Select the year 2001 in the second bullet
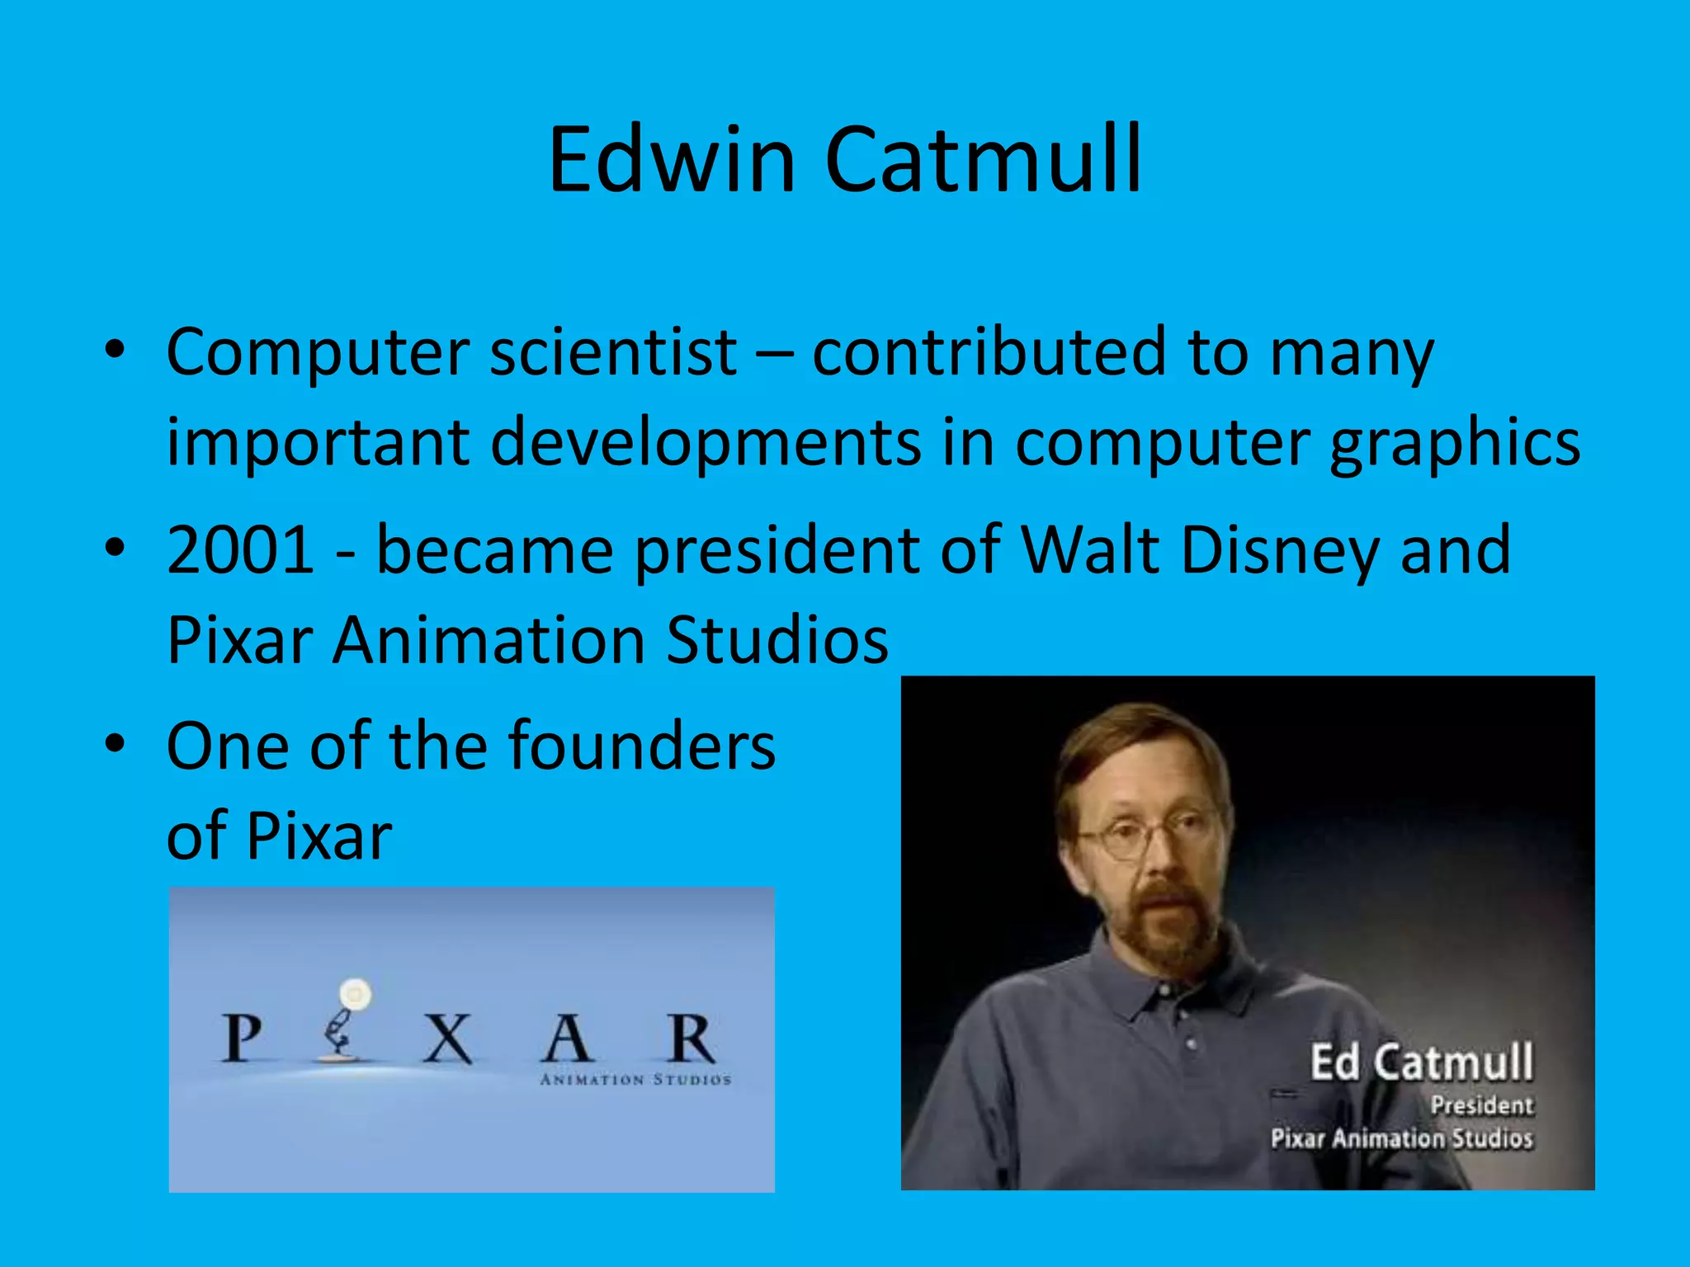(x=240, y=550)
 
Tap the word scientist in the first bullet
(x=613, y=352)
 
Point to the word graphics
(x=1454, y=444)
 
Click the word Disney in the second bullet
(x=1280, y=550)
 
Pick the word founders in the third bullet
(x=642, y=746)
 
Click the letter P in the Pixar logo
(x=242, y=1039)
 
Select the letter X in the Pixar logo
(x=446, y=1039)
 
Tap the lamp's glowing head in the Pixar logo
(x=356, y=994)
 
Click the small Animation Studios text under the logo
(x=635, y=1080)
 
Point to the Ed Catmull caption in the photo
(x=1421, y=1062)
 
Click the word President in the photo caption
(x=1481, y=1105)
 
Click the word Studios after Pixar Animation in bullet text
(x=777, y=641)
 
